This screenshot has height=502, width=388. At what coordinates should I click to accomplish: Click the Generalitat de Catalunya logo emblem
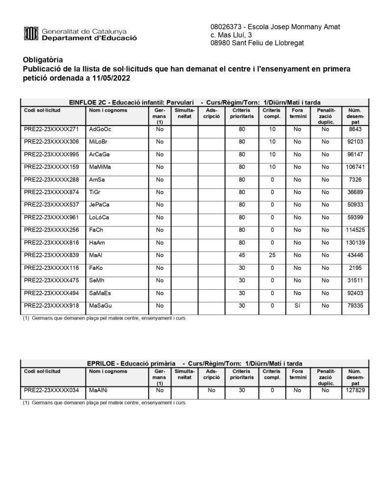coord(30,33)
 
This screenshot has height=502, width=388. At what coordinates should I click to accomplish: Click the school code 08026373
coord(225,26)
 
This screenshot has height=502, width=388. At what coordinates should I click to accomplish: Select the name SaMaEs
coord(100,294)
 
